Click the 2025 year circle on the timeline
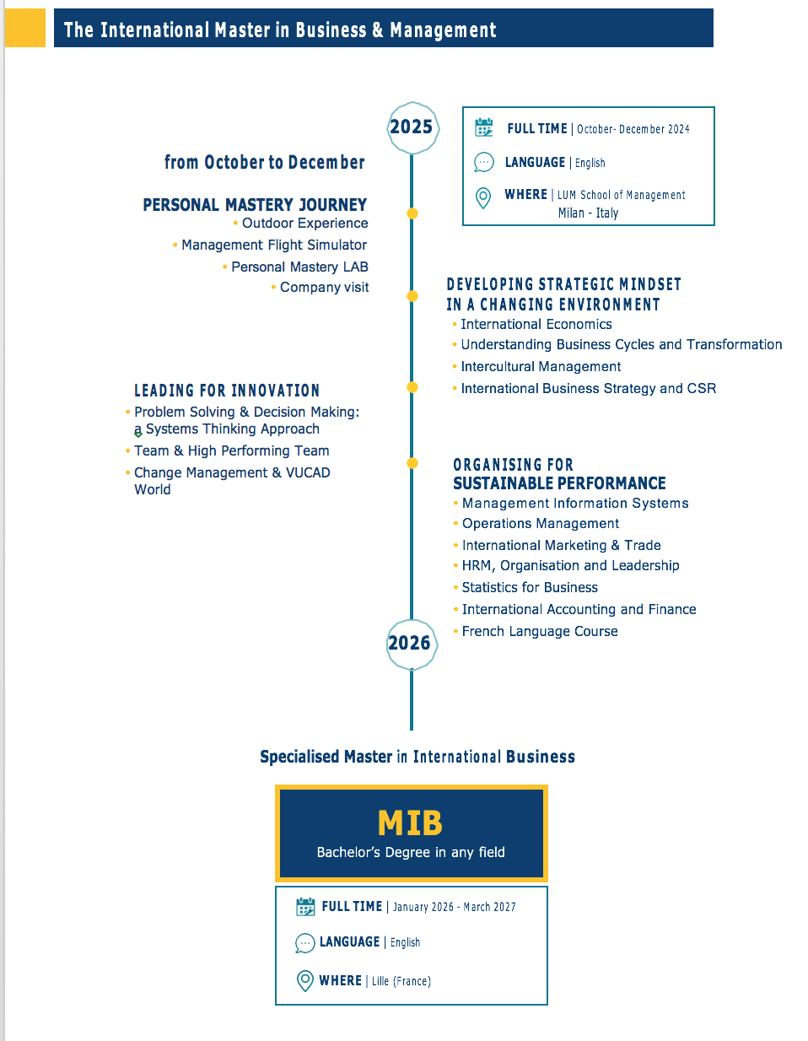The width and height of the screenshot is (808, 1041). point(412,128)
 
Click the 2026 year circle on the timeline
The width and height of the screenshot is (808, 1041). point(412,645)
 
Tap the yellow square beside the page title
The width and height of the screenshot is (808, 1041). point(25,28)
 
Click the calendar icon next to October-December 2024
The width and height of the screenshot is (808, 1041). point(483,127)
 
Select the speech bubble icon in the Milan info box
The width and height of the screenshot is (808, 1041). point(483,162)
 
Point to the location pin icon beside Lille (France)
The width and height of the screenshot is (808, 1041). point(305,980)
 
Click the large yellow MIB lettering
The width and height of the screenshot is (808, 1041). point(410,823)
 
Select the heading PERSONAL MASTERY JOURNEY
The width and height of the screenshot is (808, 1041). point(255,205)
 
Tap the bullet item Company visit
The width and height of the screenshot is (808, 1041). point(324,288)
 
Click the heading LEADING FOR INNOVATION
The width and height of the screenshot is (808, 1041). point(227,391)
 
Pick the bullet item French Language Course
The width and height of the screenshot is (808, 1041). point(540,631)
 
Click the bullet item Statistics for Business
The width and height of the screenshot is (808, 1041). point(530,587)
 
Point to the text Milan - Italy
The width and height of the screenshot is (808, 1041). point(588,213)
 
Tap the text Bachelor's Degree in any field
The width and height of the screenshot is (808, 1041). point(411,852)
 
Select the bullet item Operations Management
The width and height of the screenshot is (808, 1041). point(541,523)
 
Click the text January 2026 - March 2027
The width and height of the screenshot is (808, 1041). point(454,907)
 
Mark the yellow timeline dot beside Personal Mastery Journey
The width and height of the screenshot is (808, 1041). point(412,213)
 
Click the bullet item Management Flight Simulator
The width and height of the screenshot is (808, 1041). point(274,245)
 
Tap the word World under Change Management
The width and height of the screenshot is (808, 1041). point(153,489)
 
